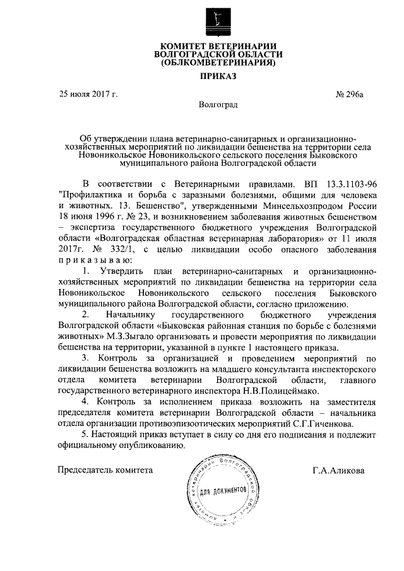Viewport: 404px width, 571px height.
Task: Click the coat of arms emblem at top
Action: click(x=218, y=21)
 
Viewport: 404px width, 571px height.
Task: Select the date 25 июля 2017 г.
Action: click(x=88, y=94)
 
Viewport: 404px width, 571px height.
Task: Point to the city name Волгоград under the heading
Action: click(x=218, y=104)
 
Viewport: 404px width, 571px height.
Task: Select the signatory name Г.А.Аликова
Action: click(x=338, y=470)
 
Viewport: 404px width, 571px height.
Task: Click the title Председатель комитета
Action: click(x=105, y=470)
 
